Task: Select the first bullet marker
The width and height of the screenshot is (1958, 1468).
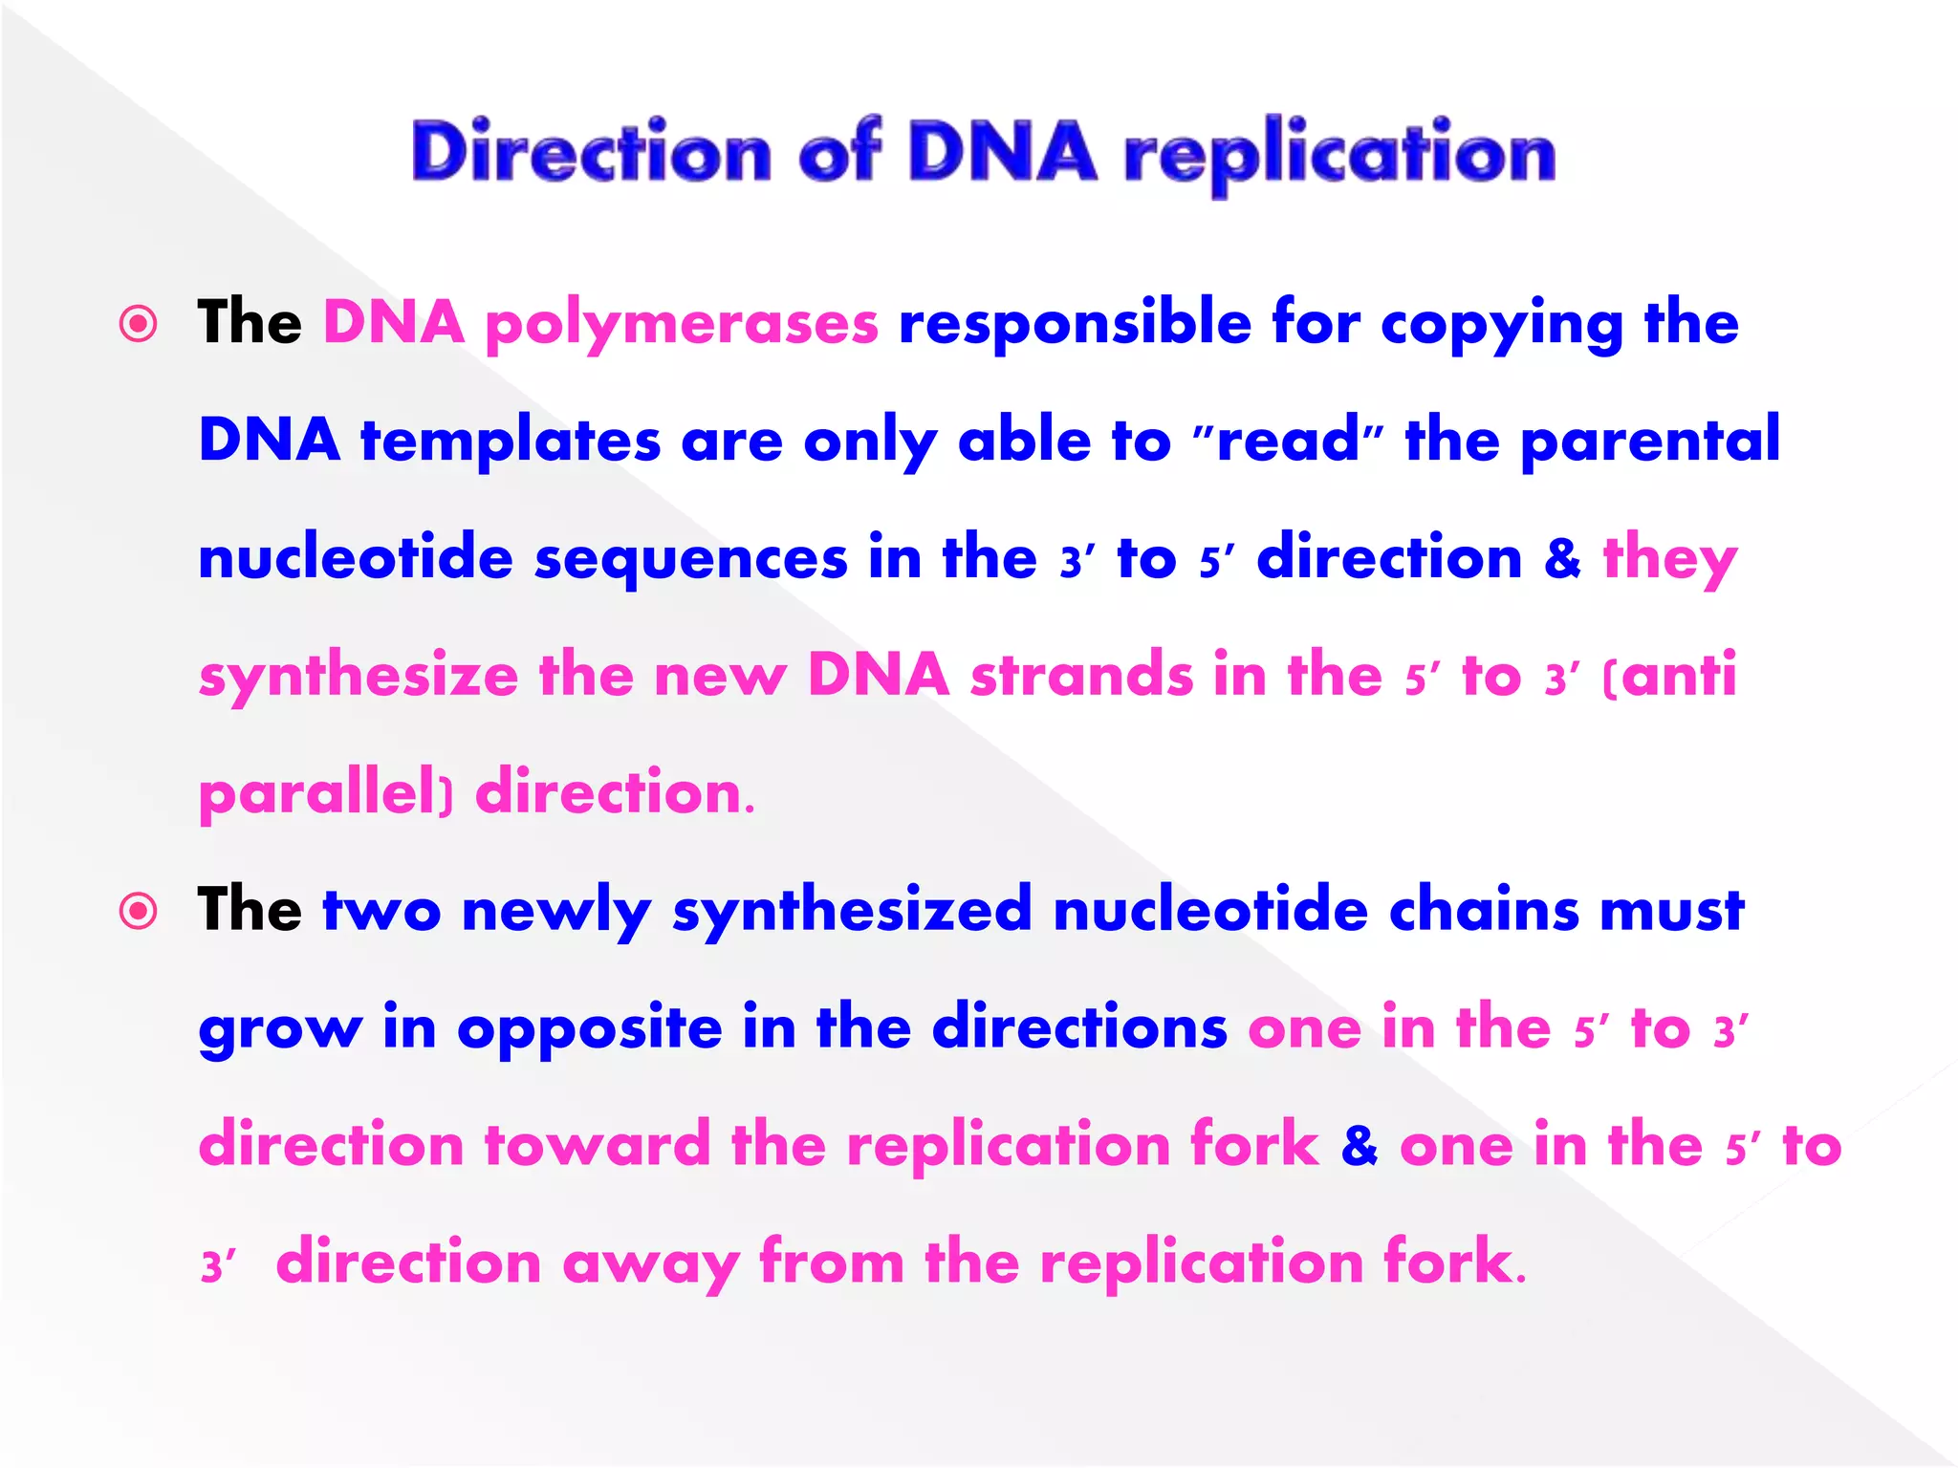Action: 139,324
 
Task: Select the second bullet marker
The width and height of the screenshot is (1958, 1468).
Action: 139,911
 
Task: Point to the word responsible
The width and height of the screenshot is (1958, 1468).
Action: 1075,322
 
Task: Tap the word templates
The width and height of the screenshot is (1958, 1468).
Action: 511,442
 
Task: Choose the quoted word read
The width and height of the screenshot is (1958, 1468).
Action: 1288,442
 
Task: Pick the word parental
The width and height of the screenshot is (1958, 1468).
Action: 1649,442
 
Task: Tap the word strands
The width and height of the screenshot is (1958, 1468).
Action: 1081,675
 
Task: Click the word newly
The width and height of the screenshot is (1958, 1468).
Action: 555,911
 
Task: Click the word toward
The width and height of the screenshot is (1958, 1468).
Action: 598,1145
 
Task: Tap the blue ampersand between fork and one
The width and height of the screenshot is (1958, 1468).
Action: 1360,1146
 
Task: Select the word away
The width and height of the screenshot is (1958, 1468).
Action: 650,1263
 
